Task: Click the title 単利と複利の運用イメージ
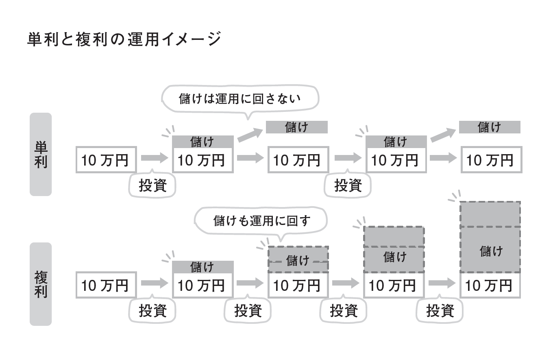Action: click(124, 40)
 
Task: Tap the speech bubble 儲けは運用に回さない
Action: click(240, 99)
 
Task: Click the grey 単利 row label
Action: click(41, 155)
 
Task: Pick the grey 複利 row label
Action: click(41, 284)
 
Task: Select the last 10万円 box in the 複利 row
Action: click(490, 286)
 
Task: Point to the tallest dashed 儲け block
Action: click(490, 237)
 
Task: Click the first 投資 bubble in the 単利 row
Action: click(152, 185)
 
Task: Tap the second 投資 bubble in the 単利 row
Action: click(348, 185)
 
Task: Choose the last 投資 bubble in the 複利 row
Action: click(440, 311)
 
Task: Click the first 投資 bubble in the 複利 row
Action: click(152, 311)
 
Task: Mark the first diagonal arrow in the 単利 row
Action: click(250, 135)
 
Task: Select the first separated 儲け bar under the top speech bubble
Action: click(297, 127)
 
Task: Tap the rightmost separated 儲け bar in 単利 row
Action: click(490, 127)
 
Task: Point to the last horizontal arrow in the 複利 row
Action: click(442, 282)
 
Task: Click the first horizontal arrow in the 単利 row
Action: click(154, 158)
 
